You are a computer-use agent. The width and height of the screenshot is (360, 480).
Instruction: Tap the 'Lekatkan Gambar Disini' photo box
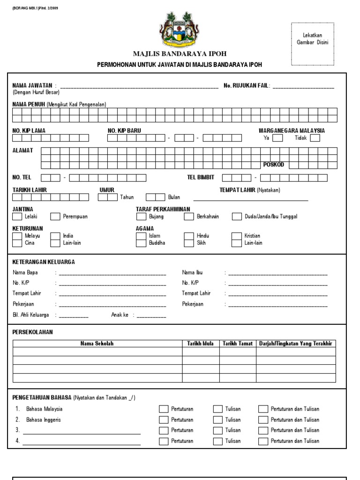[x=312, y=44]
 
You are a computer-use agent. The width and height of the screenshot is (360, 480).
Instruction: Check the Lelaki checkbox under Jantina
[x=17, y=217]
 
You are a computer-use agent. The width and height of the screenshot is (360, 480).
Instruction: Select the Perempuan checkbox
[x=55, y=217]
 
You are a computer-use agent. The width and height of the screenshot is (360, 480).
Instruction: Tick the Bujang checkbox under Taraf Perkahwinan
[x=141, y=217]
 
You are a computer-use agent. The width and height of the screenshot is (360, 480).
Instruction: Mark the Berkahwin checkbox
[x=189, y=217]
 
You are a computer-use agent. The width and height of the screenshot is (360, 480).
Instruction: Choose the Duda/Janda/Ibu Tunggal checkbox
[x=237, y=217]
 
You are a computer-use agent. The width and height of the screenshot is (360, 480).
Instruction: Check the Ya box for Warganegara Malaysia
[x=277, y=138]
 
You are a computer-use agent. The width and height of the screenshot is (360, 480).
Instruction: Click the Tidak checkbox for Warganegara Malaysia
[x=315, y=138]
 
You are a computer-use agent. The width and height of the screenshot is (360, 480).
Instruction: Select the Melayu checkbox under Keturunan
[x=17, y=236]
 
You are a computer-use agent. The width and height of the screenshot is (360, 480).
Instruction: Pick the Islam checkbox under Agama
[x=141, y=236]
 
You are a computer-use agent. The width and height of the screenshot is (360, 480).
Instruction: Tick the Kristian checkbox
[x=237, y=236]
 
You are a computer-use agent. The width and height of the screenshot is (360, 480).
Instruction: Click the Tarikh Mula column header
[x=201, y=344]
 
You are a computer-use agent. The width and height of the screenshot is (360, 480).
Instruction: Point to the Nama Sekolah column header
[x=97, y=344]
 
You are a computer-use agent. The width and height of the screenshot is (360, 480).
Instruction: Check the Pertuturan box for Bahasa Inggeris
[x=163, y=420]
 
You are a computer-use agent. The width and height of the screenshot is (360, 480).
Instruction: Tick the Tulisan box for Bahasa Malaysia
[x=217, y=409]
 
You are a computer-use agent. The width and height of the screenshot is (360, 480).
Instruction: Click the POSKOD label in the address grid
[x=273, y=165]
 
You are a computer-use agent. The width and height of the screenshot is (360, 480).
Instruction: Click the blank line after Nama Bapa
[x=112, y=273]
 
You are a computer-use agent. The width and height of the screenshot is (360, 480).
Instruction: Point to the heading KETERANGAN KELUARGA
[x=44, y=262]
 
